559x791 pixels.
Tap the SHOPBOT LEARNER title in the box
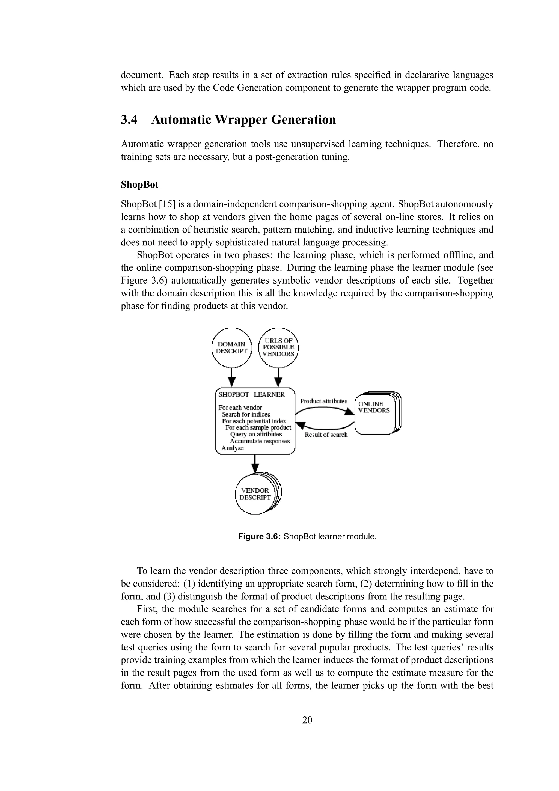(251, 394)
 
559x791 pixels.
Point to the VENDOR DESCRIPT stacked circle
(255, 494)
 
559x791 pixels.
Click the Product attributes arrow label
(323, 401)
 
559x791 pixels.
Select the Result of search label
(326, 435)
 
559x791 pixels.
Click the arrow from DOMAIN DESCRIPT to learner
(232, 377)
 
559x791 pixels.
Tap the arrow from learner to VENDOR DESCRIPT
(255, 464)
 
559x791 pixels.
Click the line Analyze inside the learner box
(233, 448)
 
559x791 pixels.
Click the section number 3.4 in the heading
(129, 120)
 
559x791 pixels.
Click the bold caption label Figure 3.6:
(260, 536)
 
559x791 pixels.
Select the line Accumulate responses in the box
(260, 441)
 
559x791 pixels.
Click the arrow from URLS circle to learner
(278, 377)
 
